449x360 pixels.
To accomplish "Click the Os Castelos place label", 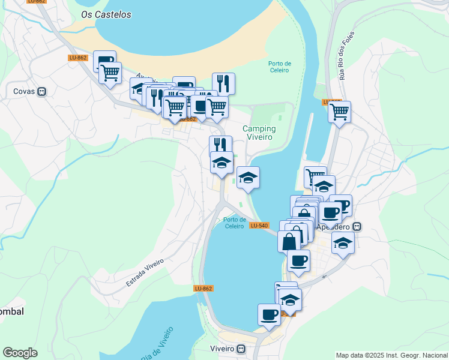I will tap(106, 14).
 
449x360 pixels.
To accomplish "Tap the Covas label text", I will tap(24, 92).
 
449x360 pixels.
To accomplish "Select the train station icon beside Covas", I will tap(41, 92).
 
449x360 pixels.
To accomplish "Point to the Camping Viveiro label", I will tap(259, 133).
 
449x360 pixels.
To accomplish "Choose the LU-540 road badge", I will tap(259, 225).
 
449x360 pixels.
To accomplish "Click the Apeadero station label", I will tap(337, 227).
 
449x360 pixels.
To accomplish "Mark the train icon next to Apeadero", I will tap(357, 227).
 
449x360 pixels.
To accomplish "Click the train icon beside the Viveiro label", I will tap(241, 349).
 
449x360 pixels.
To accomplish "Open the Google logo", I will tap(20, 353).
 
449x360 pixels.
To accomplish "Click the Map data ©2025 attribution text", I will tap(391, 355).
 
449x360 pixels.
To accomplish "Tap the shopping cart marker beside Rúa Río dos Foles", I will tap(340, 111).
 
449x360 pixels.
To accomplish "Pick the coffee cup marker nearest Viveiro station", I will tap(269, 314).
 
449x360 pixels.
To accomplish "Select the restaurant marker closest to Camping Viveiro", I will tap(220, 146).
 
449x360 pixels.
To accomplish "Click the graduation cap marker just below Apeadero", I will tap(343, 242).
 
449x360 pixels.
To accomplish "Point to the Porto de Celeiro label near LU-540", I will tap(234, 223).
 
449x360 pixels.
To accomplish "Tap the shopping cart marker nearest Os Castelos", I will tap(110, 73).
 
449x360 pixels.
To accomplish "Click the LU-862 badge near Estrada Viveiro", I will tap(203, 289).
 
